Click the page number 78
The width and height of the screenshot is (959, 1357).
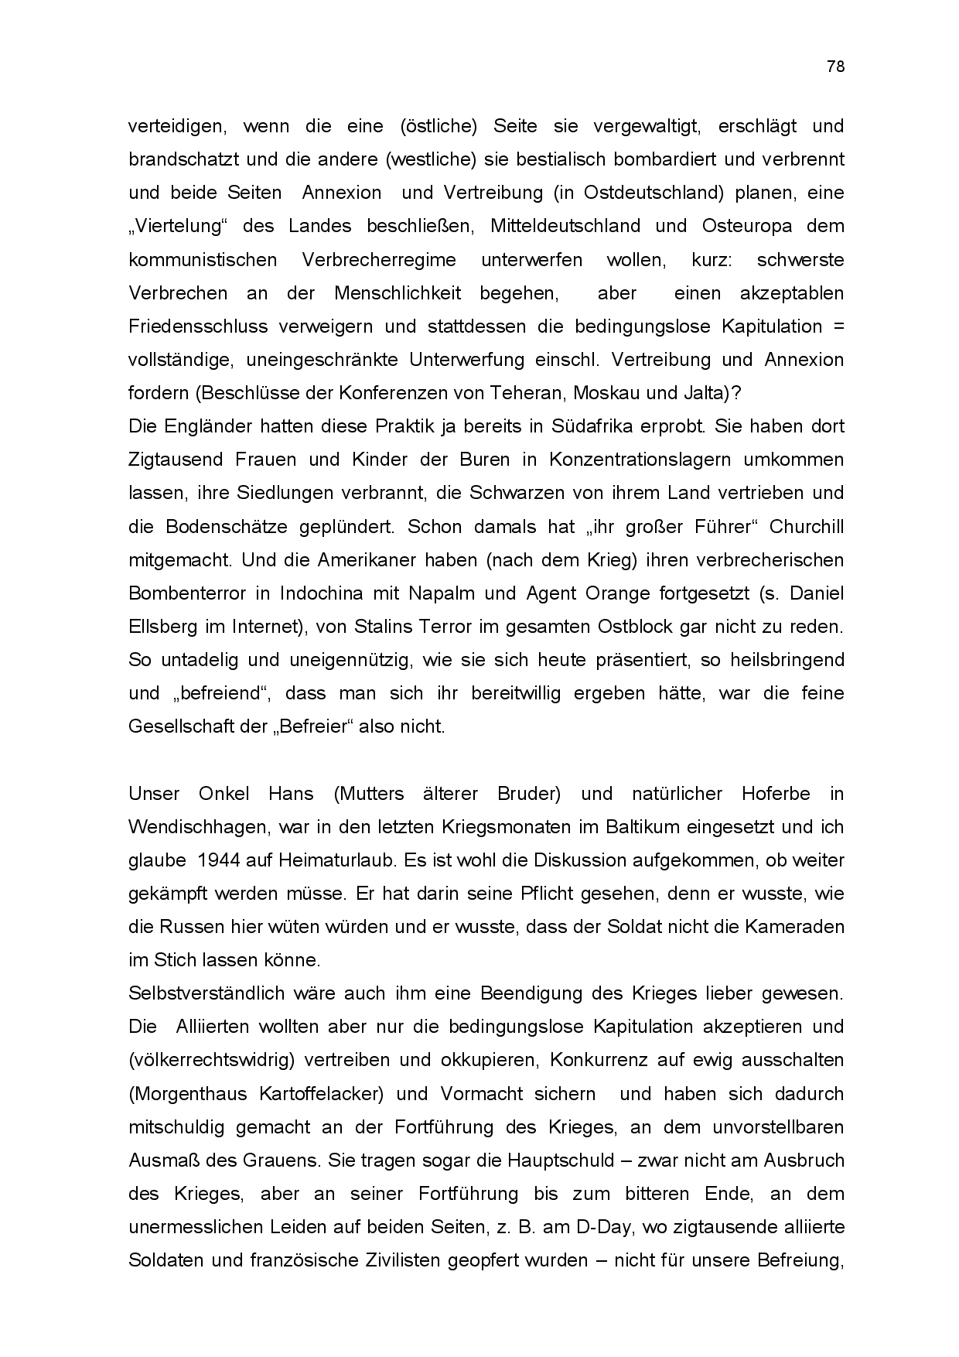click(x=835, y=67)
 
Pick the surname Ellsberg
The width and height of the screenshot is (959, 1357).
click(x=159, y=627)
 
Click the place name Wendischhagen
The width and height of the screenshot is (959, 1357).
click(x=198, y=827)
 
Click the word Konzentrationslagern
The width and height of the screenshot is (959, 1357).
click(x=640, y=460)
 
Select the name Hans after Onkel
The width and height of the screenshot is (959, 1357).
click(x=291, y=794)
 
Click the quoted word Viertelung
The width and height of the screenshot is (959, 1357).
click(x=177, y=226)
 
